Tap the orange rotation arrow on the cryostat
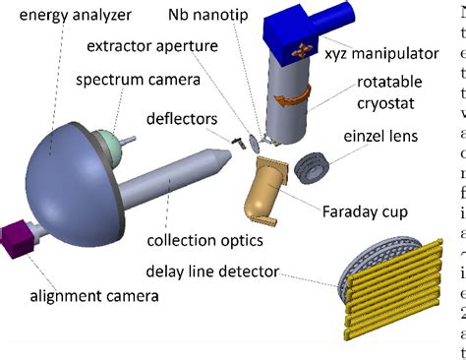click(x=295, y=99)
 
